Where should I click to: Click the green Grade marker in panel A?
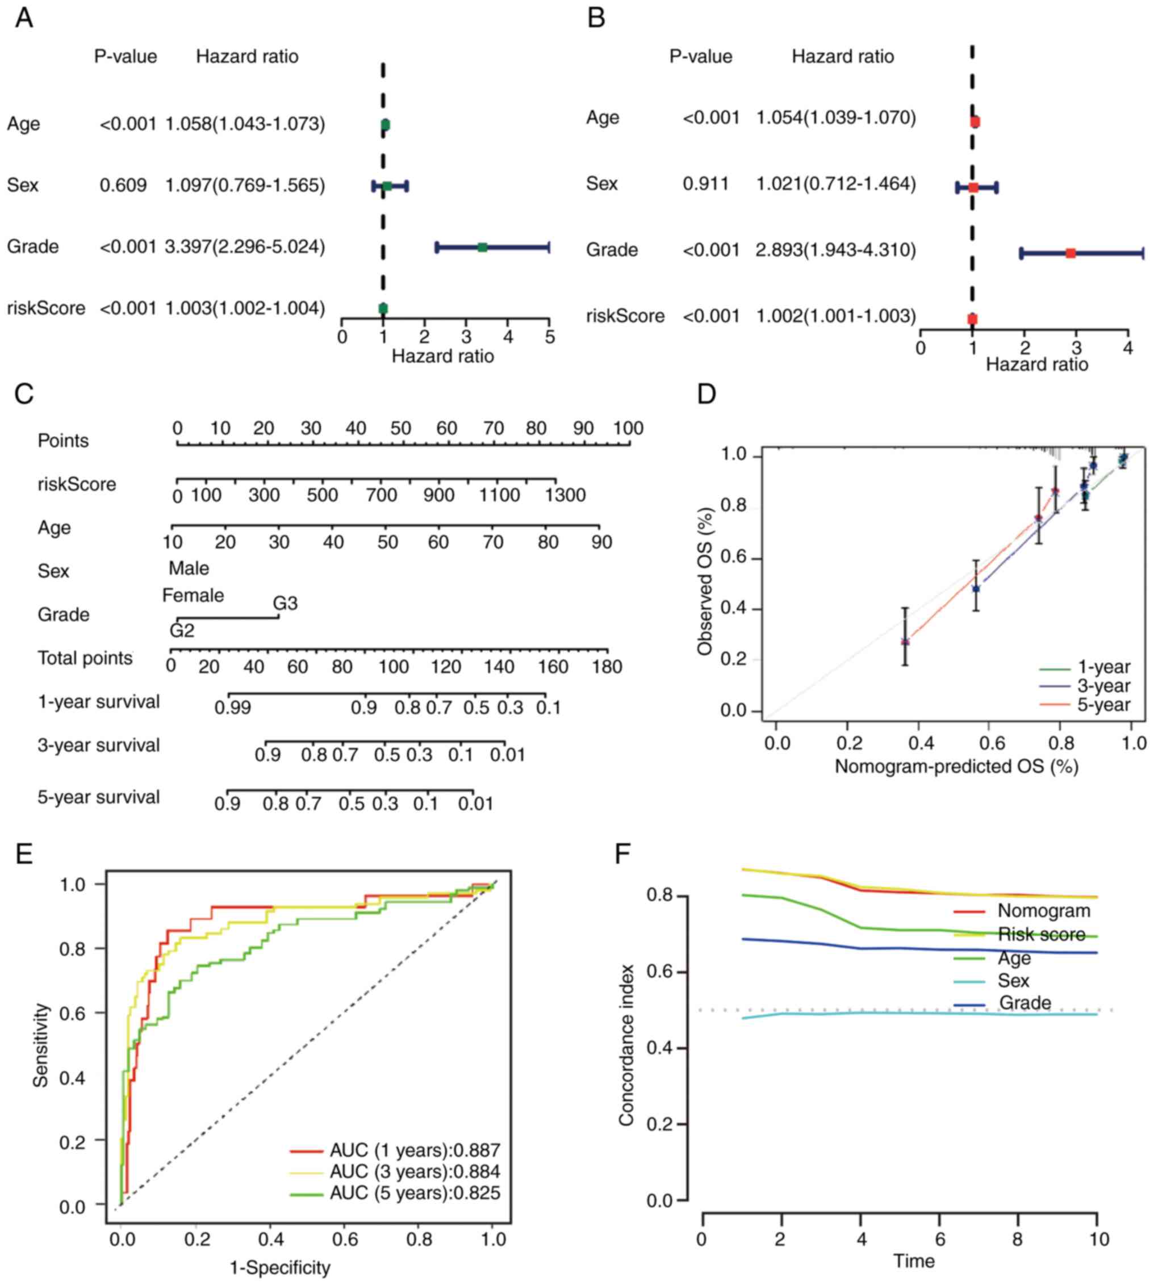pos(482,247)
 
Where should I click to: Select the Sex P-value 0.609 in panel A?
pos(123,185)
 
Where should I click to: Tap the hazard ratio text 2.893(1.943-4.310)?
pos(836,250)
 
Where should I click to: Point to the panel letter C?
pos(24,394)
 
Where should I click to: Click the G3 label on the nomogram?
pos(285,603)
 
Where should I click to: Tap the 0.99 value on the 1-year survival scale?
pos(233,708)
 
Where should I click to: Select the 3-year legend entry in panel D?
pos(1103,685)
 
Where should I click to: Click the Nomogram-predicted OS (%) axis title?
pos(956,767)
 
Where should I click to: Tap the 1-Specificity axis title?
pos(279,1267)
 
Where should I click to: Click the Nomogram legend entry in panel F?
pos(1044,911)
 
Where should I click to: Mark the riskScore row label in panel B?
pos(625,316)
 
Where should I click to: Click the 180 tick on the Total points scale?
pos(608,666)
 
